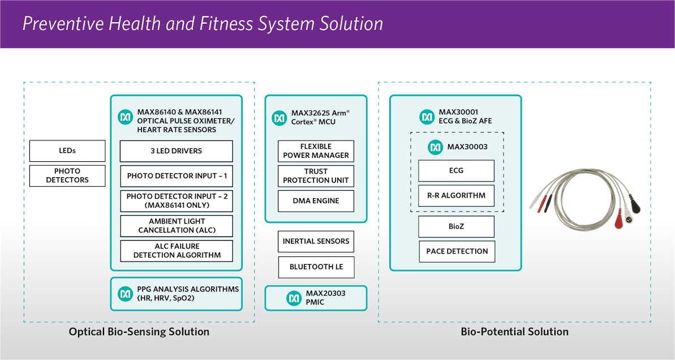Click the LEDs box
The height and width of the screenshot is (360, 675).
click(67, 151)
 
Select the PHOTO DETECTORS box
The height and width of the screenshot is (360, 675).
click(67, 175)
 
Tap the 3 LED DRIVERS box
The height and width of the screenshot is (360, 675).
click(177, 151)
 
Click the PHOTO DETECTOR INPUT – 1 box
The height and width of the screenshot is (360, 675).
click(177, 176)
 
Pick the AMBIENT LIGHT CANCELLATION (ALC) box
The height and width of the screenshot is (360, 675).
click(177, 226)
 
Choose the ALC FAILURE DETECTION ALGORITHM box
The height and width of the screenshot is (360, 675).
click(177, 251)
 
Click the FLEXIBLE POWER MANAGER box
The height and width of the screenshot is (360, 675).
click(316, 151)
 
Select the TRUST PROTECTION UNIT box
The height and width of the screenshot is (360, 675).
click(316, 176)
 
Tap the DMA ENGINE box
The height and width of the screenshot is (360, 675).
click(316, 201)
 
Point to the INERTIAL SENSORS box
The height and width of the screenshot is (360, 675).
click(316, 242)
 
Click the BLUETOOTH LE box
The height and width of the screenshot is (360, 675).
click(316, 267)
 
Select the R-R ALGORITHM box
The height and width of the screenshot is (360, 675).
click(456, 196)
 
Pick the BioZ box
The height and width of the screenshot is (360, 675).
click(456, 226)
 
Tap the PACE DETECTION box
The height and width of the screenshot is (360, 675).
click(457, 251)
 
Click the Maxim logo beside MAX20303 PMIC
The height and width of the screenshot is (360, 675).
click(294, 298)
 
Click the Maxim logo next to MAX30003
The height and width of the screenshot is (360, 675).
click(435, 147)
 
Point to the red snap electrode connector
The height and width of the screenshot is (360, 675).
click(618, 221)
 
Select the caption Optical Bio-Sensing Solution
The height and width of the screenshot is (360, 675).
click(139, 332)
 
